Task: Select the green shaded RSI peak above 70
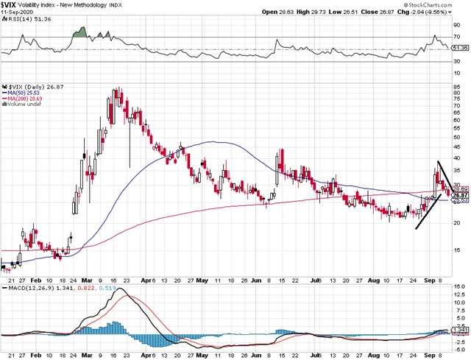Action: [x=79, y=33]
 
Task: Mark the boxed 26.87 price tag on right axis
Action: [x=459, y=195]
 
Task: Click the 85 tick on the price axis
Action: [x=458, y=86]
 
